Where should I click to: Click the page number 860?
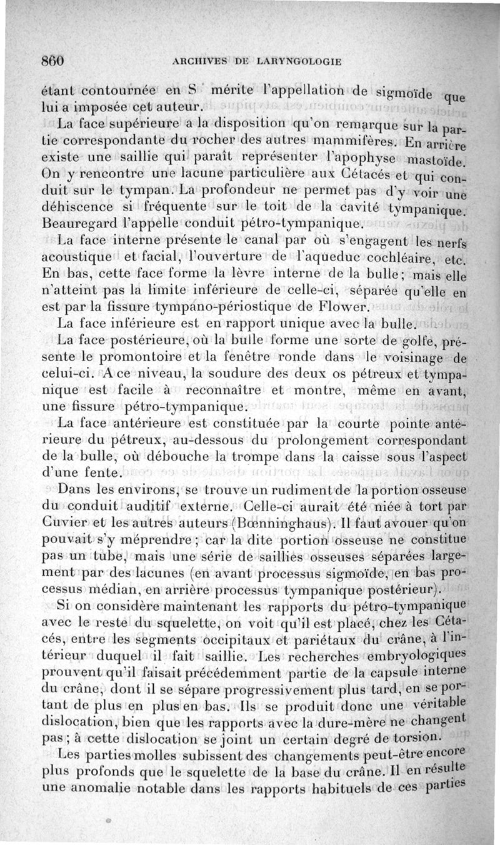53,61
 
